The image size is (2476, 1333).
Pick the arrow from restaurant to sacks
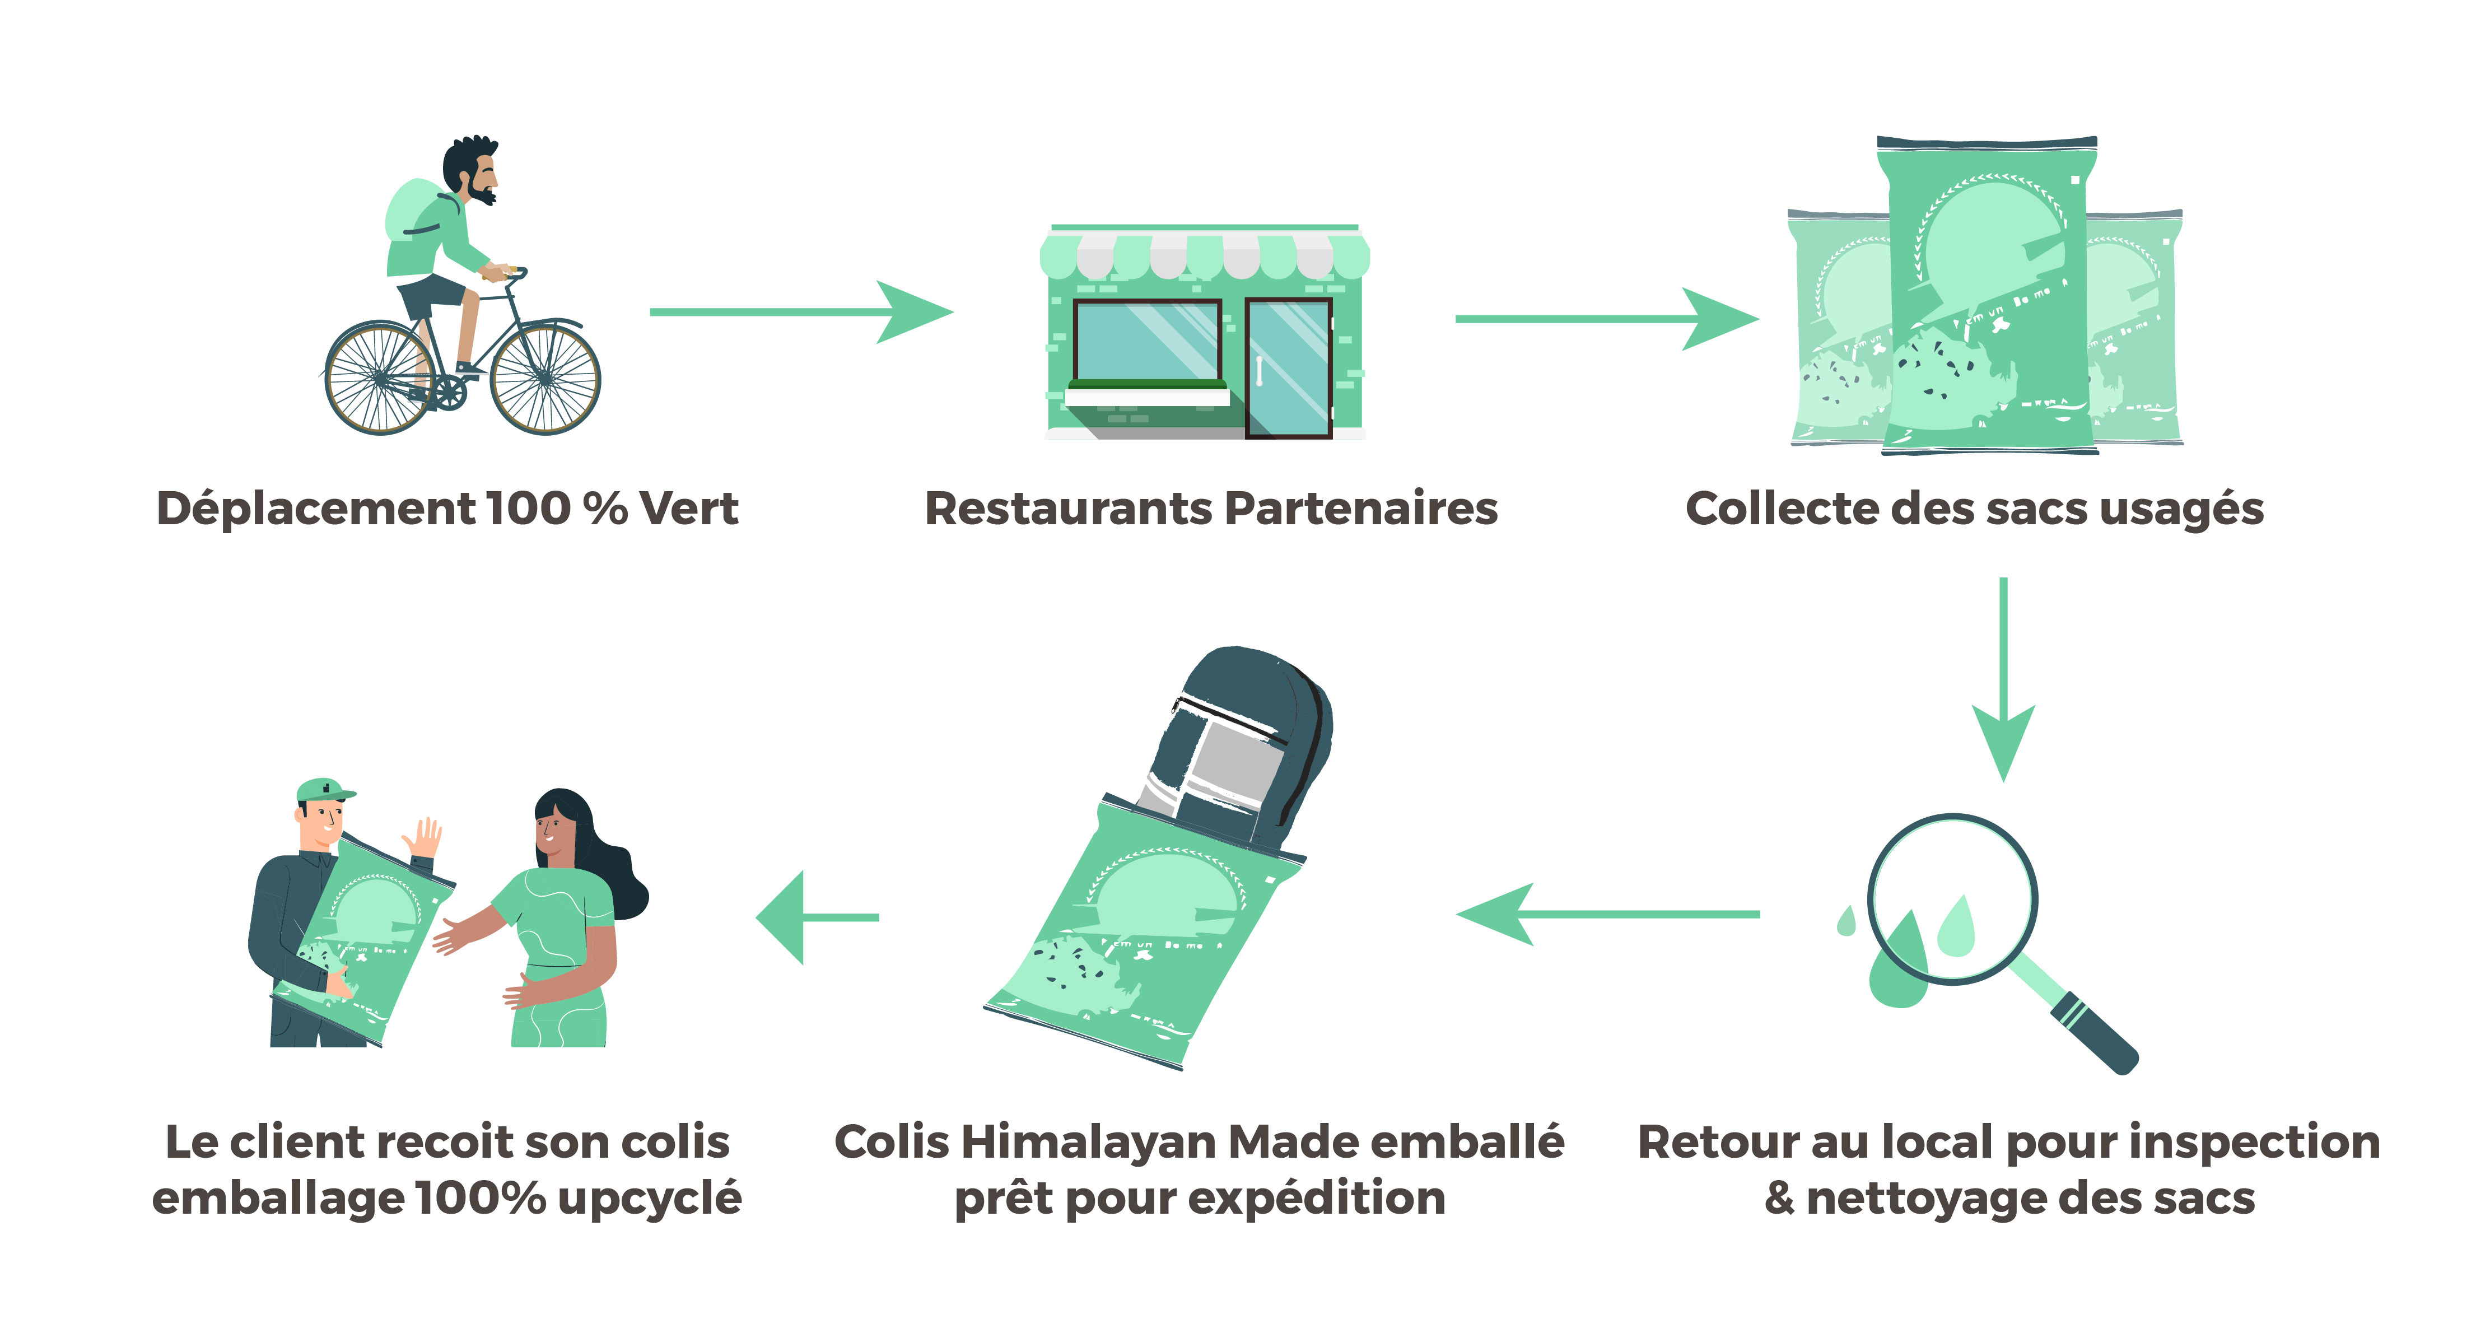1605,318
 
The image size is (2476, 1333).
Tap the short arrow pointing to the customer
817,917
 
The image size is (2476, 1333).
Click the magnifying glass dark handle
2095,1038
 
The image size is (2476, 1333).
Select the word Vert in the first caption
689,509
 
